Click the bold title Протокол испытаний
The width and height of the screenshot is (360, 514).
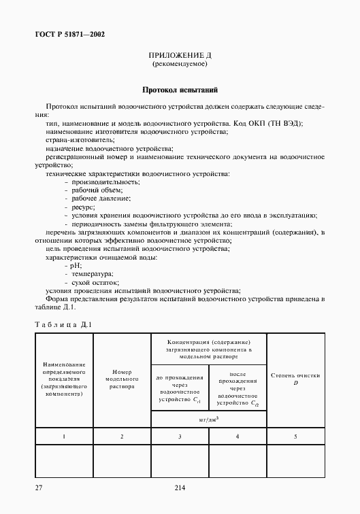pos(180,89)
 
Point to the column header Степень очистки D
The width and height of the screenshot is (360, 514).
pos(295,379)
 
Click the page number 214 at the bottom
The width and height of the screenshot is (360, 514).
pos(180,487)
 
